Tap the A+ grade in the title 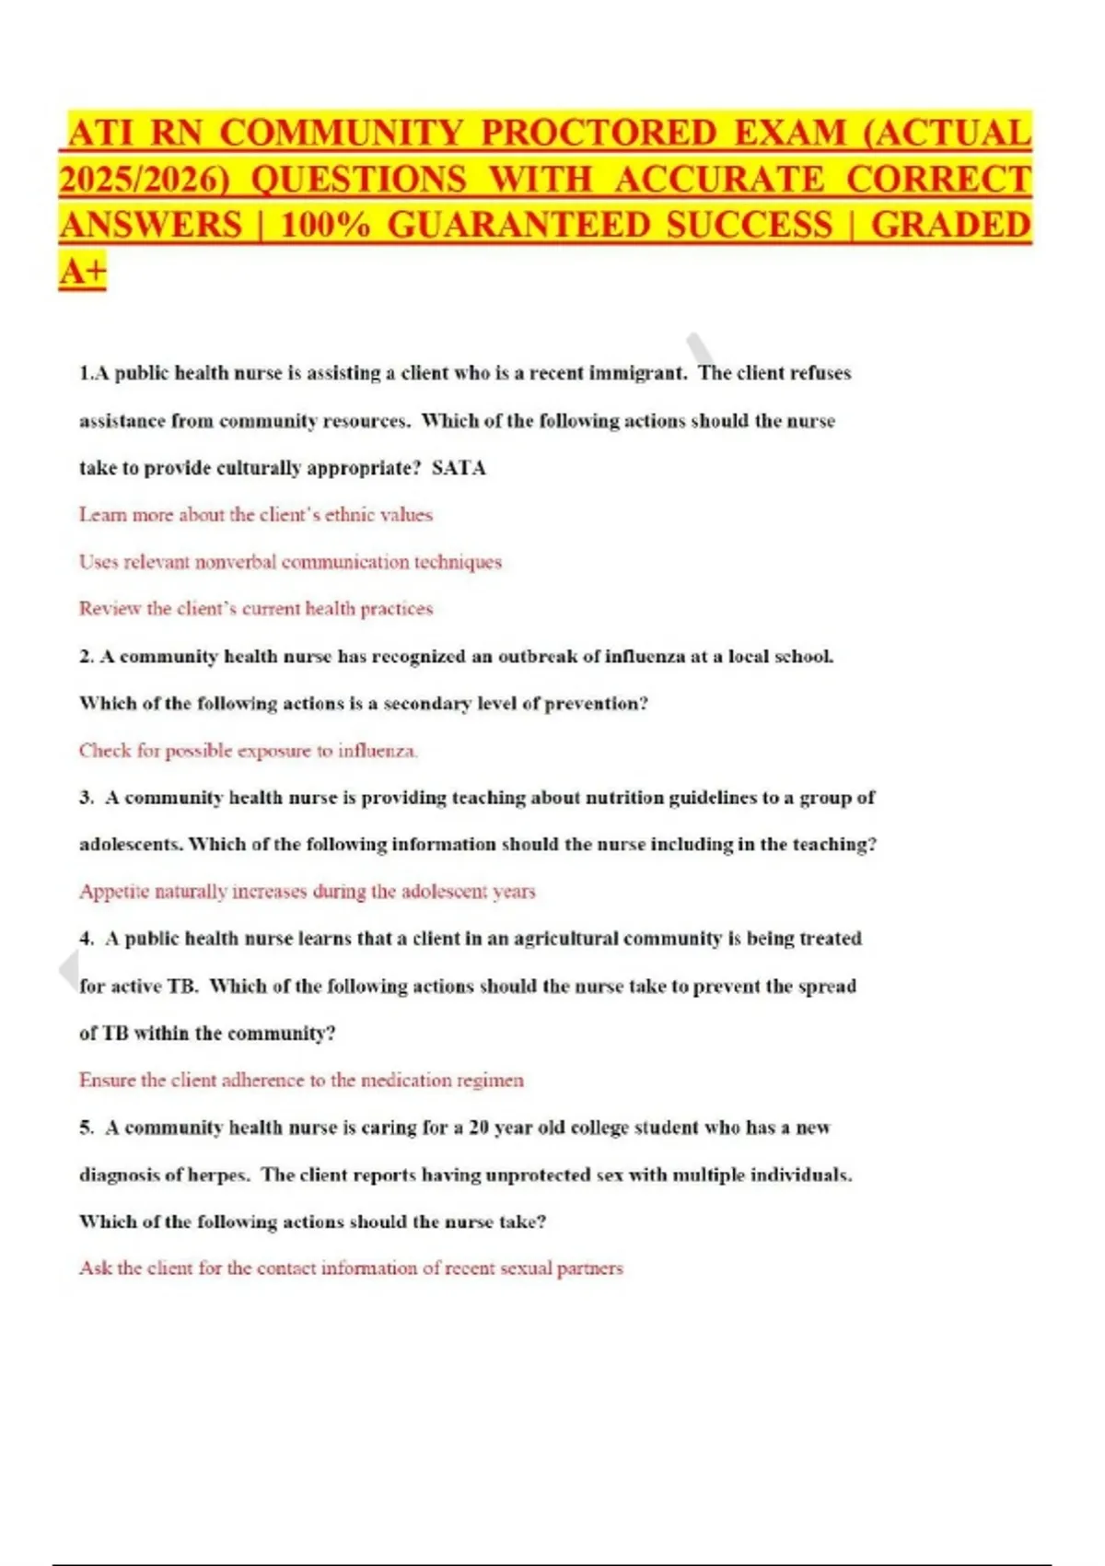point(83,272)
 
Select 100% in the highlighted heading point(324,226)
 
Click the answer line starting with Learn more point(255,515)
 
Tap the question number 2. point(86,657)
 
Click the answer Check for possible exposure point(248,751)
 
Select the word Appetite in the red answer point(113,892)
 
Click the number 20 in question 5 point(478,1128)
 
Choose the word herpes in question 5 point(218,1175)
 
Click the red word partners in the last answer point(589,1268)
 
